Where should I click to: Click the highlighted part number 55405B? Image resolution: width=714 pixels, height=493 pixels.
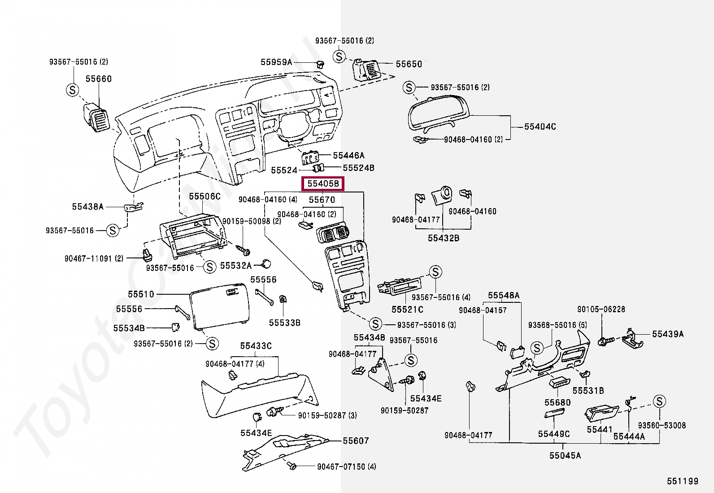point(323,184)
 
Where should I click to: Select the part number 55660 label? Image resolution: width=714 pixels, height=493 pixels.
point(99,79)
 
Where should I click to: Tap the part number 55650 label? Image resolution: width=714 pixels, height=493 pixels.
point(409,64)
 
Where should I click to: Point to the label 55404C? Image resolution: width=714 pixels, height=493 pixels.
point(540,127)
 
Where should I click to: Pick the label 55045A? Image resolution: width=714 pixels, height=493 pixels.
point(565,456)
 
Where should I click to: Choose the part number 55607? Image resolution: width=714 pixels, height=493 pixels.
point(356,441)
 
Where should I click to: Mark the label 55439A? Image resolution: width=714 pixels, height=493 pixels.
point(668,334)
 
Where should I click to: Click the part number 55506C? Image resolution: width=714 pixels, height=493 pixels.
point(205,196)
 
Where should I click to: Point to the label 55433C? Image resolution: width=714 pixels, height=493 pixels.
point(256,346)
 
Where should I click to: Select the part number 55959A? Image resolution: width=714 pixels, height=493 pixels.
point(276,62)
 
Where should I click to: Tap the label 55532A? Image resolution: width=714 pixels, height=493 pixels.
point(236,266)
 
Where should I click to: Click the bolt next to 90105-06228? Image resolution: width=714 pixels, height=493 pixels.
point(603,342)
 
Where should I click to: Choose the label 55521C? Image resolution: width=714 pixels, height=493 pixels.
point(407,310)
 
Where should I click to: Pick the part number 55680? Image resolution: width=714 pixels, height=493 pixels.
point(558,402)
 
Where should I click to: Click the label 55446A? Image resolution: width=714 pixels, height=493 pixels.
point(348,156)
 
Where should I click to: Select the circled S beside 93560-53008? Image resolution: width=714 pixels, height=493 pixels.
point(659,401)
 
